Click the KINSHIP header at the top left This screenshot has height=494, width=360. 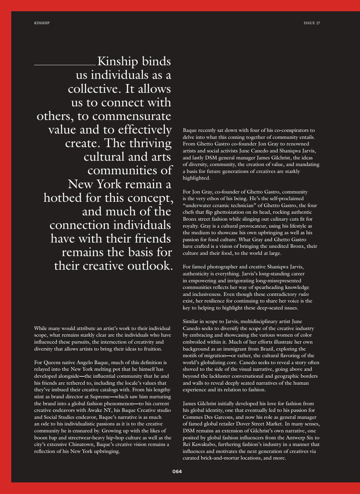[x=42, y=23]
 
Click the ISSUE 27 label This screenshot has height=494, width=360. [x=312, y=23]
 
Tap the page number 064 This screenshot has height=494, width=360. [x=177, y=471]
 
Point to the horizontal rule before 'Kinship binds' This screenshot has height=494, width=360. [x=65, y=65]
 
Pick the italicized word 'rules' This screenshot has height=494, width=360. [x=304, y=294]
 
